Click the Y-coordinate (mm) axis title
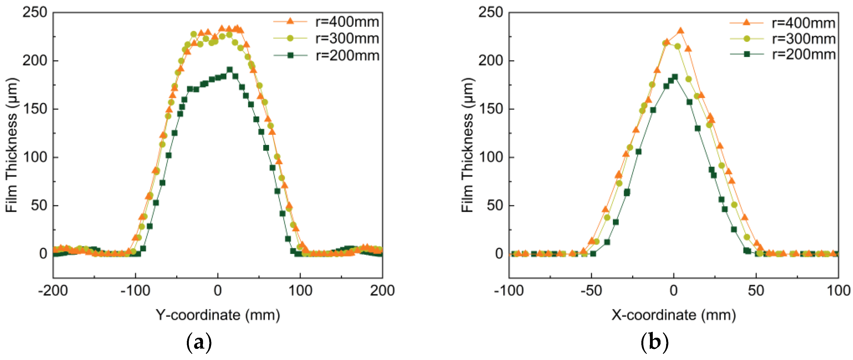[x=218, y=315]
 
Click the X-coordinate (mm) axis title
[x=674, y=315]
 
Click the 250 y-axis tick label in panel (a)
[x=35, y=13]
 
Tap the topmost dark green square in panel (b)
[x=674, y=77]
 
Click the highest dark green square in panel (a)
[x=229, y=70]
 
